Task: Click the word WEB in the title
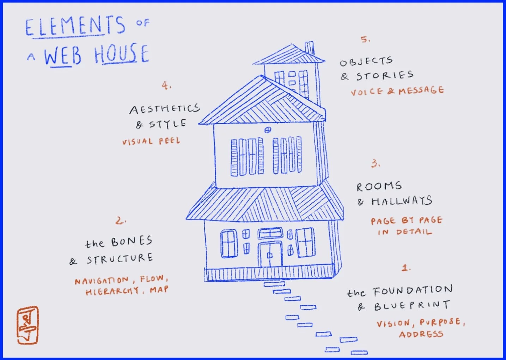coord(62,56)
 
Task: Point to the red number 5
coord(365,39)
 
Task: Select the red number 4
coord(166,85)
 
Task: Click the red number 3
coord(375,163)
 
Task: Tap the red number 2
coord(120,221)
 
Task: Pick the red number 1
coord(406,268)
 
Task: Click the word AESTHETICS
coord(164,109)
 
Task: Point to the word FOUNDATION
coord(413,291)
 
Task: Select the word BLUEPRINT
coord(412,305)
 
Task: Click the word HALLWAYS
coord(401,201)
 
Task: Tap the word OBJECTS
coord(366,61)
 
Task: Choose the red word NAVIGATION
coord(102,281)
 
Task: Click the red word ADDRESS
coord(421,334)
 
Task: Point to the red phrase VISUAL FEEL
coord(151,141)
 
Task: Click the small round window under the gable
coord(268,130)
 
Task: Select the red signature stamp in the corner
coord(28,325)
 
